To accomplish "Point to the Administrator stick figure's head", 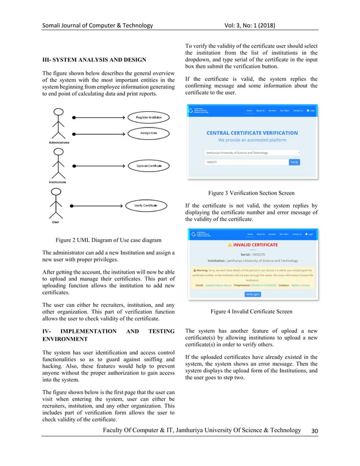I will point(56,112).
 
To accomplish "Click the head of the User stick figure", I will point(56,192).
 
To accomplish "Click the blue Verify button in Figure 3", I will point(294,162).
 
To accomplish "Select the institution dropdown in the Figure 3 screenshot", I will point(252,152).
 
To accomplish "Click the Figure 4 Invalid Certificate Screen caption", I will point(251,311).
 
